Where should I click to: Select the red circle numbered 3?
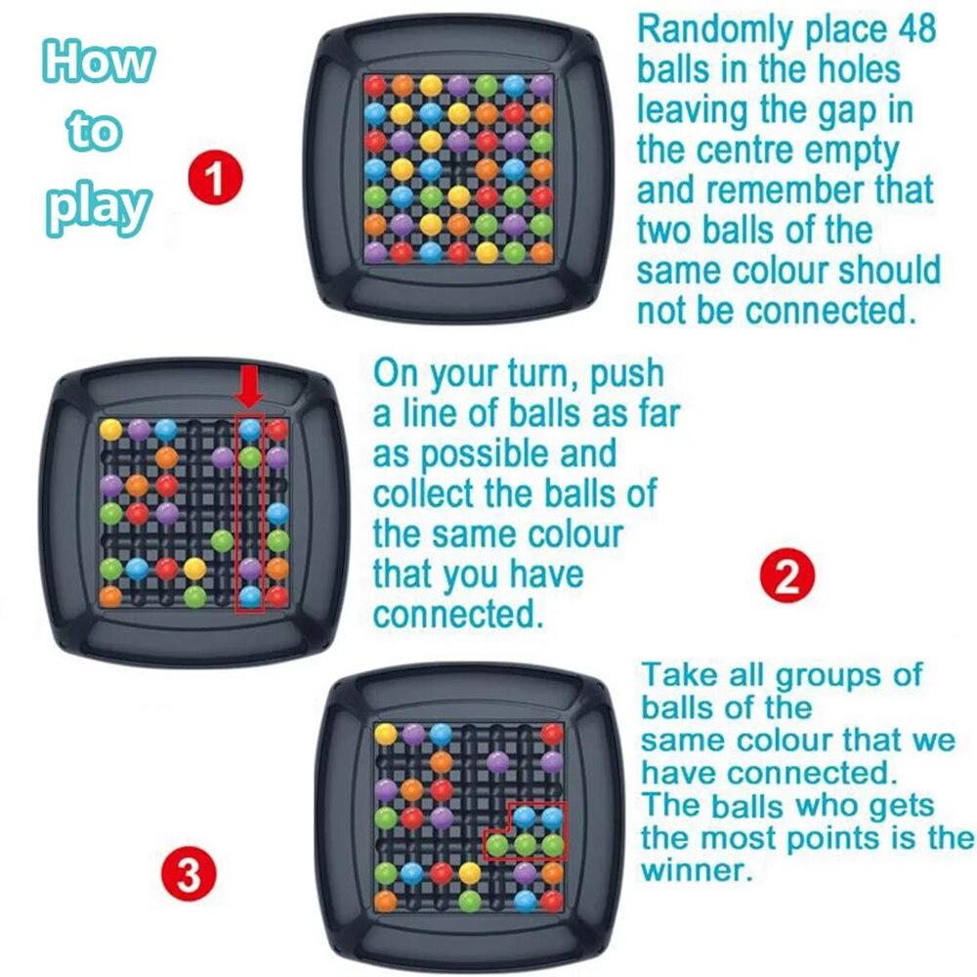tap(189, 875)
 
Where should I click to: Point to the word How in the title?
tap(98, 64)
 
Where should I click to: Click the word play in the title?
tap(99, 207)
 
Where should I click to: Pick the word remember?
tap(783, 190)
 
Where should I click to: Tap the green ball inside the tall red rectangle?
tap(251, 456)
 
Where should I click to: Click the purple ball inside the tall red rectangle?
tap(251, 568)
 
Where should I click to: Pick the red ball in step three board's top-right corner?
tap(553, 734)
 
